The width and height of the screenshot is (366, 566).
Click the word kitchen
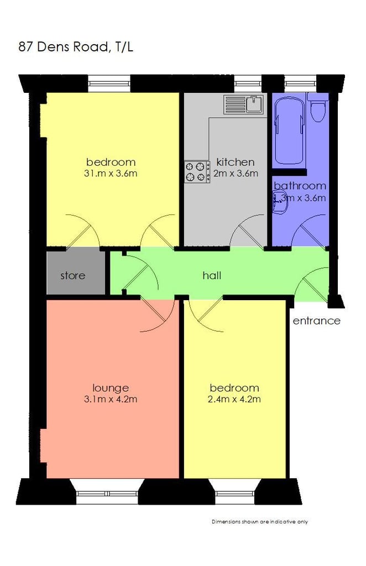(236, 162)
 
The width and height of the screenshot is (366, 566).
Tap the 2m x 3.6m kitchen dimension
(236, 173)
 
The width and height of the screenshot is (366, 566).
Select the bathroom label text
(300, 186)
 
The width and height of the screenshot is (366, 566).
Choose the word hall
(212, 275)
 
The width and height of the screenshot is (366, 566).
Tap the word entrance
(316, 321)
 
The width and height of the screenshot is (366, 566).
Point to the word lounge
(111, 387)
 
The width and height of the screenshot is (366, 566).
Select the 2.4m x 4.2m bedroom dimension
(234, 399)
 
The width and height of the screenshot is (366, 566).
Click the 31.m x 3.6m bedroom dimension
(111, 173)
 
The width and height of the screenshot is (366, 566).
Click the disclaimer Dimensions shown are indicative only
(259, 521)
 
